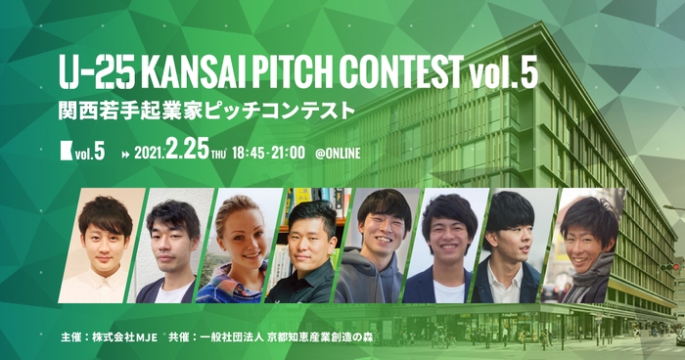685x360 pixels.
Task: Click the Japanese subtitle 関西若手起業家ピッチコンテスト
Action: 205,109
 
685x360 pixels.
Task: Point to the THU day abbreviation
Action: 218,155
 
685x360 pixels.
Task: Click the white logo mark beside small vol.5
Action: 66,153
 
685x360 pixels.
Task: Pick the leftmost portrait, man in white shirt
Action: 105,249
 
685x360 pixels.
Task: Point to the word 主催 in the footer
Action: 70,338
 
